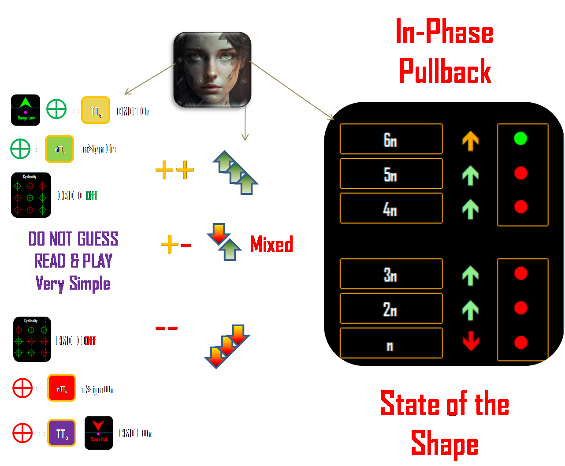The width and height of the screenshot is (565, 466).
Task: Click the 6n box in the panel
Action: click(391, 139)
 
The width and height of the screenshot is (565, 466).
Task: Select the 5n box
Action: click(391, 174)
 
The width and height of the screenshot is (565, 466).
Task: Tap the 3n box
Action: click(391, 274)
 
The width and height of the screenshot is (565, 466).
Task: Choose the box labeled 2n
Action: click(391, 309)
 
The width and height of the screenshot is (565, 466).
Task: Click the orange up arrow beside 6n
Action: click(470, 141)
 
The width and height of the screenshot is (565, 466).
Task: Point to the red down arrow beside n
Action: click(471, 341)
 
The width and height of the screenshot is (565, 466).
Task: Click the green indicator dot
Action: click(520, 138)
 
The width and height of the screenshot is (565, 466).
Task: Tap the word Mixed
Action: click(271, 244)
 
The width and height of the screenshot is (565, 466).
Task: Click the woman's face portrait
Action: click(210, 71)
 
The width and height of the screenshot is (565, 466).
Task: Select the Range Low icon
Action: click(26, 110)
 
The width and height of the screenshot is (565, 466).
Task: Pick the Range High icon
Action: click(99, 432)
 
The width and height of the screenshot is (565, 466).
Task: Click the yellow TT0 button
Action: click(96, 110)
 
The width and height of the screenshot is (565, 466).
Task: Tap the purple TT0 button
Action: click(62, 433)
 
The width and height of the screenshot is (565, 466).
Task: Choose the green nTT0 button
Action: click(59, 149)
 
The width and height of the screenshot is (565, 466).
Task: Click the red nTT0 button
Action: click(62, 388)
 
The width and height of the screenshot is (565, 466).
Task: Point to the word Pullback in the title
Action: click(445, 71)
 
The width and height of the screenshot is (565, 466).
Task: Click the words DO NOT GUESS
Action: click(73, 239)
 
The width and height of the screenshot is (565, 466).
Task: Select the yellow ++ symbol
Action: click(175, 170)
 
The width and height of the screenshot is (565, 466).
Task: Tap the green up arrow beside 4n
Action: click(470, 209)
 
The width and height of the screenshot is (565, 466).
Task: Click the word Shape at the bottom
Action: click(444, 444)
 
